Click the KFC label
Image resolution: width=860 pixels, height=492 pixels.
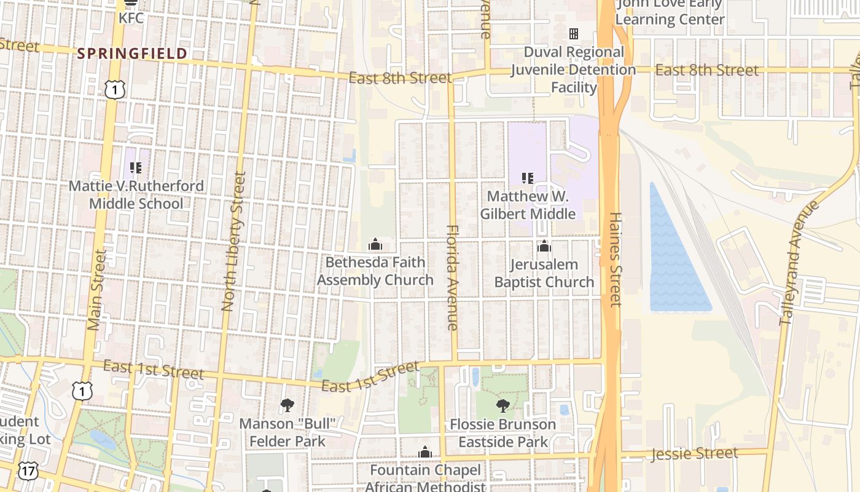pyautogui.click(x=131, y=18)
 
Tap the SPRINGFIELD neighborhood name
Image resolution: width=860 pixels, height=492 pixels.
pyautogui.click(x=132, y=54)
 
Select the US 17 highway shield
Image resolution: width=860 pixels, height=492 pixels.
pyautogui.click(x=27, y=471)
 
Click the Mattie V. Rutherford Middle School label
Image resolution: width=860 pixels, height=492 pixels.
pyautogui.click(x=136, y=194)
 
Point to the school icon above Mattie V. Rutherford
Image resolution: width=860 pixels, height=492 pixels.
pyautogui.click(x=136, y=167)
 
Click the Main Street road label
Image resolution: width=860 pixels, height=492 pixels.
pyautogui.click(x=97, y=289)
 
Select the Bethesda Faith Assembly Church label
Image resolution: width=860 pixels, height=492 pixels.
pyautogui.click(x=375, y=271)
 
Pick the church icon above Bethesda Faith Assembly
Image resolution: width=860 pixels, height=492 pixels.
pyautogui.click(x=375, y=245)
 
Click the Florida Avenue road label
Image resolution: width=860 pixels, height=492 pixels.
pyautogui.click(x=453, y=277)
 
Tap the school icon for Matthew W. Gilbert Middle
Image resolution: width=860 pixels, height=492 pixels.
pyautogui.click(x=527, y=178)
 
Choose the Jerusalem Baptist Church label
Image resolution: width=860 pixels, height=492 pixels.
pyautogui.click(x=544, y=273)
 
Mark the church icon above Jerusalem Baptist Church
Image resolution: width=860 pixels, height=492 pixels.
pyautogui.click(x=544, y=247)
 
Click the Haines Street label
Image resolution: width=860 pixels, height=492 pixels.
pyautogui.click(x=616, y=259)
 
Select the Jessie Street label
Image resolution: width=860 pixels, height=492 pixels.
pyautogui.click(x=695, y=454)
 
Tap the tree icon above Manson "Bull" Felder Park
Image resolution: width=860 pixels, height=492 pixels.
pyautogui.click(x=287, y=405)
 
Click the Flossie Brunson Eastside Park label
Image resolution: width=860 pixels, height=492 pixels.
pyautogui.click(x=503, y=433)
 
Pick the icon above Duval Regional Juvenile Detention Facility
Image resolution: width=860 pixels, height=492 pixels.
pyautogui.click(x=574, y=34)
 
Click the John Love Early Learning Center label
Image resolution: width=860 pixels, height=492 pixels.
pyautogui.click(x=670, y=12)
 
